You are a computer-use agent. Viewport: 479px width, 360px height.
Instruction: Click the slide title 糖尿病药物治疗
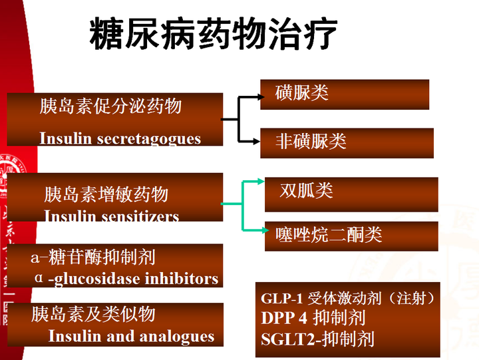(214, 33)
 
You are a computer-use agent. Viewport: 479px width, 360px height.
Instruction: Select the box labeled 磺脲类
(345, 94)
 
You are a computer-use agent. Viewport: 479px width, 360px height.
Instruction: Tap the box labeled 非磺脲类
(347, 143)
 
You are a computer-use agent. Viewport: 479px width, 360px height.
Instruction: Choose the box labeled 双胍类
(351, 194)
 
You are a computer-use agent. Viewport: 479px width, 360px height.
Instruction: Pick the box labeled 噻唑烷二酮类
(351, 236)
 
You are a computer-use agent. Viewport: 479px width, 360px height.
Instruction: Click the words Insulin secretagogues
(120, 139)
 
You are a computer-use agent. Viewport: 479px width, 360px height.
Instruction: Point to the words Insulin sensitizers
(111, 216)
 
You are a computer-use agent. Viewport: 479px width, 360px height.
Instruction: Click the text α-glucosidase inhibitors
(126, 279)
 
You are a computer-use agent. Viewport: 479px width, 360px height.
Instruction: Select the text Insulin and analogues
(131, 336)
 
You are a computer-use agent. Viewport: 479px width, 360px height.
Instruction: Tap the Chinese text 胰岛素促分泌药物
(110, 106)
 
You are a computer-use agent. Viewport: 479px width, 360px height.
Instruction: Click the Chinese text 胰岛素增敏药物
(106, 194)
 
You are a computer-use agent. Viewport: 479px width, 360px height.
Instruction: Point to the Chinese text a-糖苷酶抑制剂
(93, 257)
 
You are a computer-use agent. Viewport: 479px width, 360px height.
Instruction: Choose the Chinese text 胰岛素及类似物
(93, 314)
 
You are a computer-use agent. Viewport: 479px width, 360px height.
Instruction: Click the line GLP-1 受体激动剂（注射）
(348, 298)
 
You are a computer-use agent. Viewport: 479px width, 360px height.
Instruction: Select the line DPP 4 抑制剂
(313, 317)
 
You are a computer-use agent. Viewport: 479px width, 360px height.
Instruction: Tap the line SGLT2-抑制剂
(318, 339)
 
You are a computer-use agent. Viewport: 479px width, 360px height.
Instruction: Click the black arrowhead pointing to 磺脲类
(261, 97)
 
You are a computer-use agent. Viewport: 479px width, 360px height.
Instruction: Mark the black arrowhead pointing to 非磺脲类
(257, 142)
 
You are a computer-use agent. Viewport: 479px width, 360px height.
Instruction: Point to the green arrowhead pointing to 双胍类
(261, 181)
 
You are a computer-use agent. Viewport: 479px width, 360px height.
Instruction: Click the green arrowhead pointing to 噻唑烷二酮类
(265, 230)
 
